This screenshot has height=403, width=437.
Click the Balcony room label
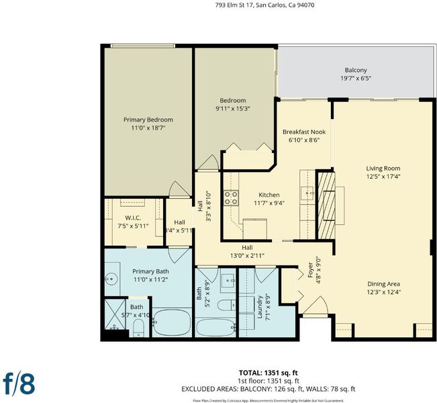click(x=356, y=70)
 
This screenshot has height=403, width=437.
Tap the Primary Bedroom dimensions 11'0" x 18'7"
click(x=148, y=128)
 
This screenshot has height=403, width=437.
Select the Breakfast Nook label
click(x=304, y=132)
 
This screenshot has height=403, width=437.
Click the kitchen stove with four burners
click(x=231, y=197)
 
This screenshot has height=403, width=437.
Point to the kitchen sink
click(x=307, y=193)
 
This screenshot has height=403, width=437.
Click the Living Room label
click(x=383, y=169)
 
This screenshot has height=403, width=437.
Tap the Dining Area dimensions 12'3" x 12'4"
click(x=384, y=292)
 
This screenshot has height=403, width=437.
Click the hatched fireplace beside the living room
click(x=326, y=206)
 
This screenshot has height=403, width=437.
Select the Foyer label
click(x=311, y=270)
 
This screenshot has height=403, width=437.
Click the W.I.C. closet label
click(x=133, y=218)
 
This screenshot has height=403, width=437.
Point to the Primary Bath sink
click(x=111, y=278)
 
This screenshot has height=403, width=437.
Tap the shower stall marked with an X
click(x=115, y=314)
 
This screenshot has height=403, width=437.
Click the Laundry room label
click(x=260, y=307)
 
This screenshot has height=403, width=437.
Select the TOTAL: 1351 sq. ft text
click(x=268, y=373)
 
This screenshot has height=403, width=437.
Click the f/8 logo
click(x=19, y=384)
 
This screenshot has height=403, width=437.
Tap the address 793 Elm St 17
click(x=234, y=5)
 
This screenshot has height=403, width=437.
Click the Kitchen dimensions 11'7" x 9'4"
click(x=269, y=203)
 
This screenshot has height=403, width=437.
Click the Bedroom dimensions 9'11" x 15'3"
click(x=232, y=109)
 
